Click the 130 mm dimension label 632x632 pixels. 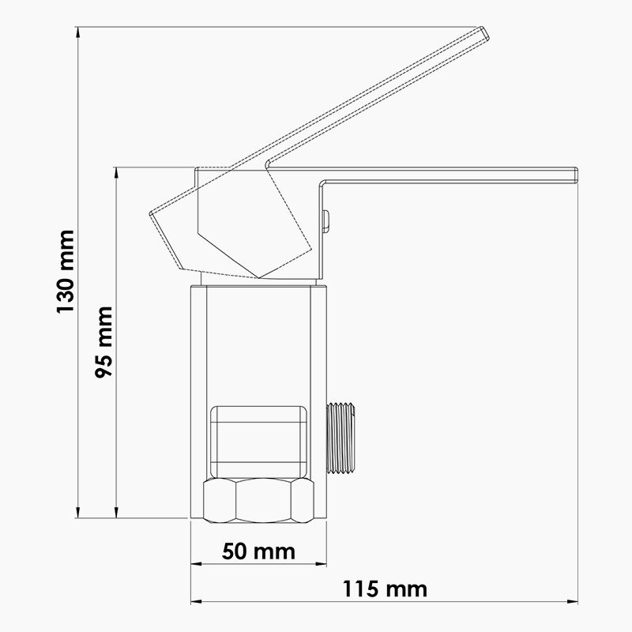66,272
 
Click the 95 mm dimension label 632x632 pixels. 103,342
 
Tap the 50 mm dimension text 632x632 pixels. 258,551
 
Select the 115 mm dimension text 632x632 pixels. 385,589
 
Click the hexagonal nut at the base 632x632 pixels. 259,500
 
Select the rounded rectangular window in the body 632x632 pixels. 259,442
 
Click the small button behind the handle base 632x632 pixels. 326,220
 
